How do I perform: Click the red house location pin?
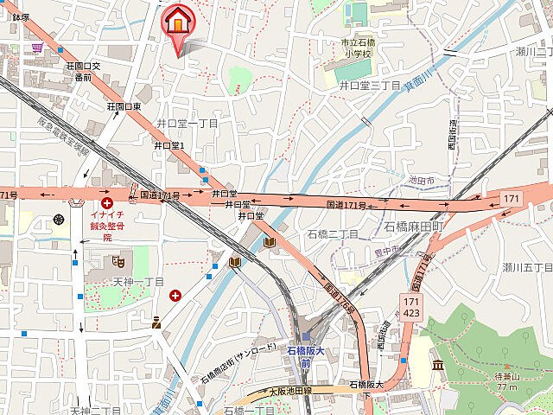pos(178,22)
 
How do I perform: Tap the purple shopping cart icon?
pos(37,48)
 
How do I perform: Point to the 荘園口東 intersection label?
pos(124,106)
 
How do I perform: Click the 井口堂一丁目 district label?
pos(187,124)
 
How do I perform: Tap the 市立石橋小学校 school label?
pos(354,47)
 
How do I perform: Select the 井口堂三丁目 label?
pos(369,86)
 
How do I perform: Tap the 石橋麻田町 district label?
pos(412,227)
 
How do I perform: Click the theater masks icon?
pos(117,260)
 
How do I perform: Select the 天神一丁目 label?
pos(138,283)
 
